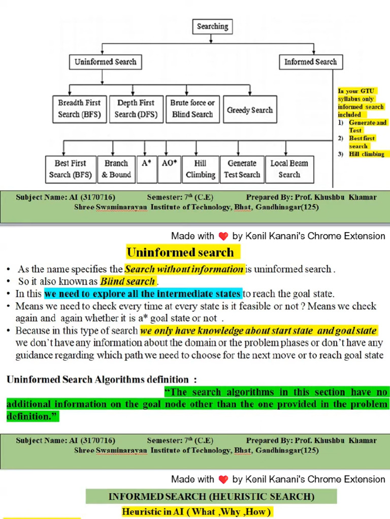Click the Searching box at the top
tap(213, 26)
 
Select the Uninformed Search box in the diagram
tap(105, 62)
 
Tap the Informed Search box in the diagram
tap(310, 62)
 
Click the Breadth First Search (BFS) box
tap(79, 108)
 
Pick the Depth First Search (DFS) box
tap(136, 108)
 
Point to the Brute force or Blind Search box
tap(192, 108)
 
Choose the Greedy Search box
tap(250, 109)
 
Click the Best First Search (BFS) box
tap(70, 169)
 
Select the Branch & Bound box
tap(116, 169)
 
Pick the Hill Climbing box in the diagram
tap(200, 169)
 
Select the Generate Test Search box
tap(242, 169)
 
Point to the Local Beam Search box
tap(289, 169)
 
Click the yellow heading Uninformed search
tap(180, 252)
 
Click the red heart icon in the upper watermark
tap(223, 236)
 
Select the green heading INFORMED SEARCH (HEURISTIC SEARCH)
tap(211, 496)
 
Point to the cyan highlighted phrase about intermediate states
tap(143, 294)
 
